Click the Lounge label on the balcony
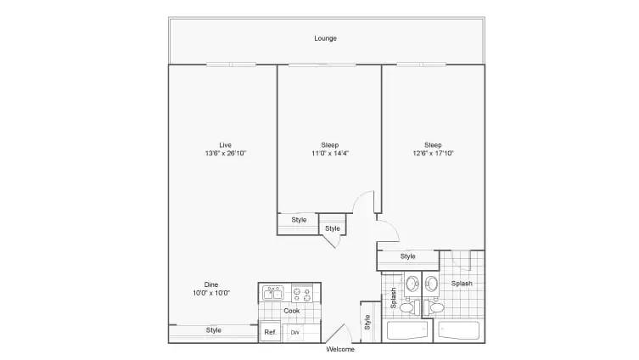325,38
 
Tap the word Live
225,144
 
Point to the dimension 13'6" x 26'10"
225,154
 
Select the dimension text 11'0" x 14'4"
329,154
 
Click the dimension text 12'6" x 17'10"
433,154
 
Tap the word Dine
212,284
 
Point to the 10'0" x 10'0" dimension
212,293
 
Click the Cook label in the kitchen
291,311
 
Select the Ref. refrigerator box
270,332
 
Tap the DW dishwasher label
294,332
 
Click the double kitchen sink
272,294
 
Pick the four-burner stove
301,294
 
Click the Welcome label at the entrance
340,349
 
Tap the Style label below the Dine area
214,330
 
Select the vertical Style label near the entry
367,322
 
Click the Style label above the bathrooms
407,256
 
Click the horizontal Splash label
462,284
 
